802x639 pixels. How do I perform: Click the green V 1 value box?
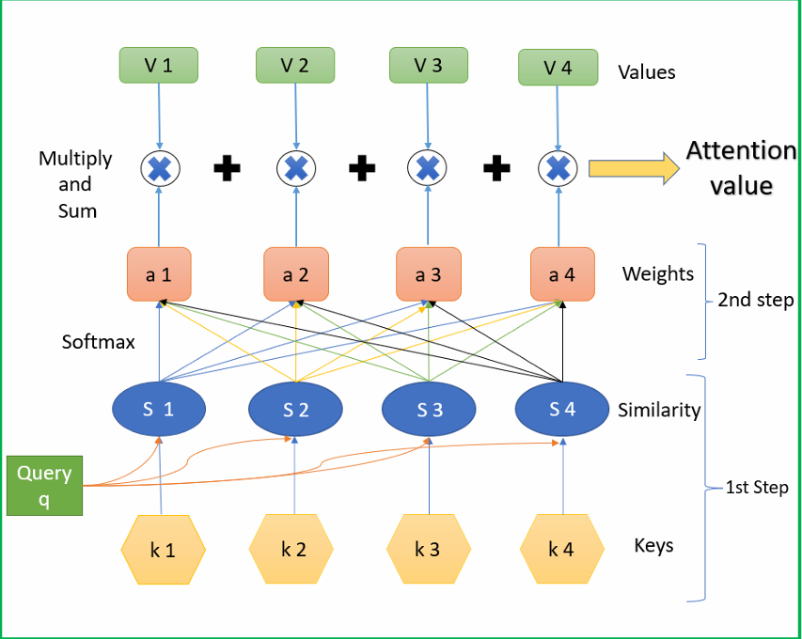click(159, 65)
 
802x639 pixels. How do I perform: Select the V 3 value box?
click(429, 65)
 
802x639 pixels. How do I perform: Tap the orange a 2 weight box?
click(296, 274)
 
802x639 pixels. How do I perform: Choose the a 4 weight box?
click(562, 274)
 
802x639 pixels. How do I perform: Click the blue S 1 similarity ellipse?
click(159, 409)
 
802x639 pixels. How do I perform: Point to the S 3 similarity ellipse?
click(429, 409)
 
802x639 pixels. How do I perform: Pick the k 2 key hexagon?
click(291, 549)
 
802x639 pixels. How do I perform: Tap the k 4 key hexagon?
click(562, 549)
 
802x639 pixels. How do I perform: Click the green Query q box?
click(44, 486)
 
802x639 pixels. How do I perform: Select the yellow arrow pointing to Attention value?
click(635, 168)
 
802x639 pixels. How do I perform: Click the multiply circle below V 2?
click(296, 168)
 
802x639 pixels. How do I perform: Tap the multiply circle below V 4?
click(558, 168)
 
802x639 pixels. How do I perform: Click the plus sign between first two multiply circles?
click(228, 168)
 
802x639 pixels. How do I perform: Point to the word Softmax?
click(98, 342)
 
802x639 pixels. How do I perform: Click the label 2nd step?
click(756, 300)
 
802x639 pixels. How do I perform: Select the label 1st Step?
click(758, 487)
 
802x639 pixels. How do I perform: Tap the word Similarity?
click(659, 410)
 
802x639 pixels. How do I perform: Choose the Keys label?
click(653, 546)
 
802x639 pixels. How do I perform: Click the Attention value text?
click(742, 168)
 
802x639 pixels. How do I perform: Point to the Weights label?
click(658, 274)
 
